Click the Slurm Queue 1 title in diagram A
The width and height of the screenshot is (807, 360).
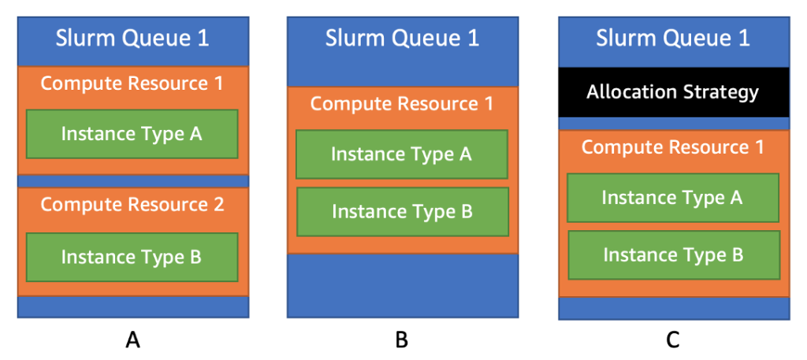132,39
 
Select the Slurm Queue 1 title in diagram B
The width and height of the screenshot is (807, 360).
402,39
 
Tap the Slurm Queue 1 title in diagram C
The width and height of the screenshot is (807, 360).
673,39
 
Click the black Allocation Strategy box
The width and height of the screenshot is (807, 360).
673,92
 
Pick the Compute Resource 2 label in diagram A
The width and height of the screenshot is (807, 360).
132,205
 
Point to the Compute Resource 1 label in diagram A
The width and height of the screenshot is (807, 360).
132,83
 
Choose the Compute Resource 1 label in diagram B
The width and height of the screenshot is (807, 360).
402,104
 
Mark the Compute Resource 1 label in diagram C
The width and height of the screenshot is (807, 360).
673,147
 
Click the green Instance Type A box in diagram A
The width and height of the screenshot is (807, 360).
132,134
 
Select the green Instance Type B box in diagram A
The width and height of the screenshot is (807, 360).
132,257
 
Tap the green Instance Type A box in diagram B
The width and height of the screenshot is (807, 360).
402,154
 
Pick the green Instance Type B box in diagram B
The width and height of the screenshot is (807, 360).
402,211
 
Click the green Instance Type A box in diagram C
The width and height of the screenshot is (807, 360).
673,198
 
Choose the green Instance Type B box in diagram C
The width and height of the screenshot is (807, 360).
673,255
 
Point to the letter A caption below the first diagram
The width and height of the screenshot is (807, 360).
133,340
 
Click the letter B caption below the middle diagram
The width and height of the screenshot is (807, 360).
402,340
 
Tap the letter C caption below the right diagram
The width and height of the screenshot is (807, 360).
672,340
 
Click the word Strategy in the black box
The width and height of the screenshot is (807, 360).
720,92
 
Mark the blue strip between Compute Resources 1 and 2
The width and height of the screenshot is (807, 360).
132,181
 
